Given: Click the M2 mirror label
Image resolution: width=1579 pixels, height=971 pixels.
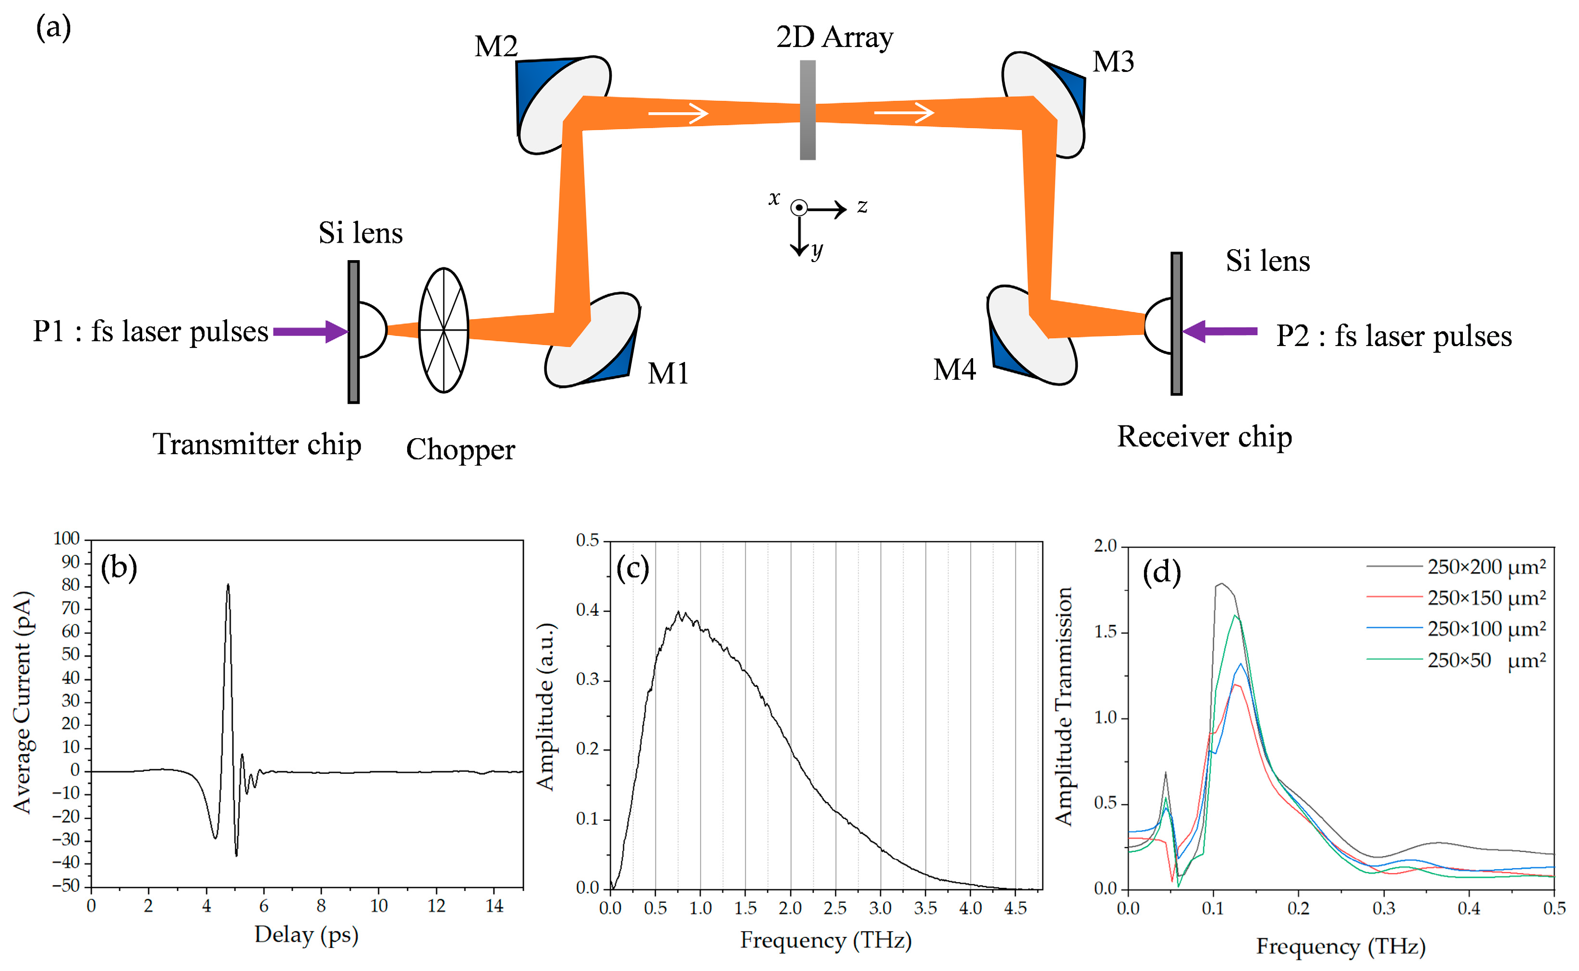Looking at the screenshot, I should [496, 46].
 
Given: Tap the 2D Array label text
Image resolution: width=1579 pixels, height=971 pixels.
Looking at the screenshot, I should [833, 37].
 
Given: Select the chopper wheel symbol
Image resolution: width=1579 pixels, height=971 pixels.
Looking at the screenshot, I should [443, 330].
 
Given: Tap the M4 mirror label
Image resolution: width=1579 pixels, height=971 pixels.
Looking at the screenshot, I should [954, 370].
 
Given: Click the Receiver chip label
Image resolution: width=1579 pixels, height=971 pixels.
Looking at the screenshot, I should [1204, 437].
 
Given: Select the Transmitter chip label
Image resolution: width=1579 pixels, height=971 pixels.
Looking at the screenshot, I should [256, 444].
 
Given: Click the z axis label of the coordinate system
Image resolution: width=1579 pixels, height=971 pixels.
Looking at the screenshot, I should [862, 206].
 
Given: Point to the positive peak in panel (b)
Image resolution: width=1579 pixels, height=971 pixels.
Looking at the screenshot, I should [228, 586].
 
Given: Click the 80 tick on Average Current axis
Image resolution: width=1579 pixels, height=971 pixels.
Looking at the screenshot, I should [71, 585].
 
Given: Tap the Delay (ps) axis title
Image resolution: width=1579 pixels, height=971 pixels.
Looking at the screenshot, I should [306, 935].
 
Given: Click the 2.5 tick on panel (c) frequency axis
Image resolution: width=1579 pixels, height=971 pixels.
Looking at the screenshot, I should [835, 908].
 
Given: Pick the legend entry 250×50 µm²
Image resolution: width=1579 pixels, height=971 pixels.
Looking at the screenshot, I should [1486, 660].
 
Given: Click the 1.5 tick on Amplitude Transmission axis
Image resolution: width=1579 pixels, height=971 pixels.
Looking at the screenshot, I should [1106, 632].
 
